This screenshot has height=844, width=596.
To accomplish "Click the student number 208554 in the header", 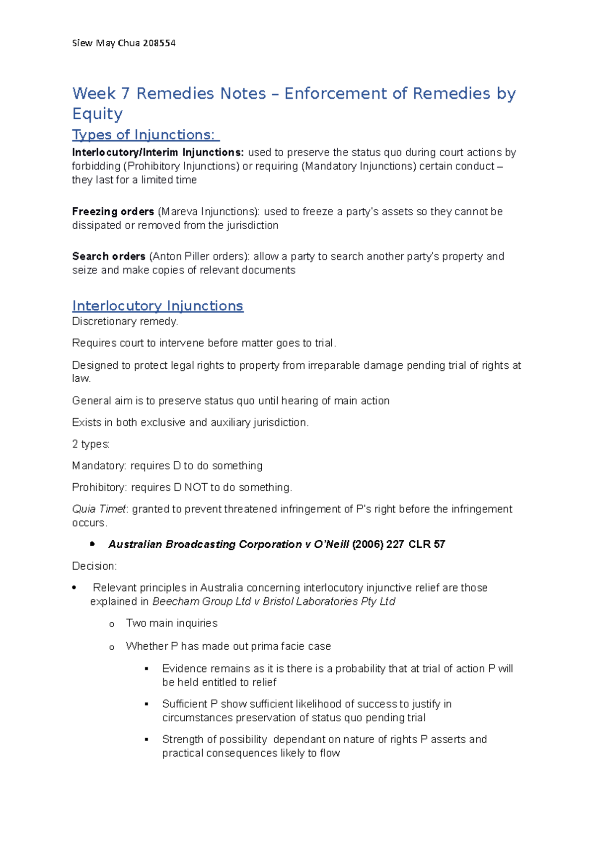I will pos(159,43).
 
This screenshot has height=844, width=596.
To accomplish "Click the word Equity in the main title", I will pos(97,114).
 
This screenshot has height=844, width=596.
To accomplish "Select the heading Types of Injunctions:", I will pos(146,135).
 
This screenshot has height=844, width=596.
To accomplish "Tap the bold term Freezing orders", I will pos(113,212).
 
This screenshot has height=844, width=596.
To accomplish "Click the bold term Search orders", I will pos(108,256).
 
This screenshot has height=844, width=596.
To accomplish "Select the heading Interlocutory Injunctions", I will pos(157,306).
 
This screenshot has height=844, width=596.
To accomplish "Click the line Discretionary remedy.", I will pos(125,322).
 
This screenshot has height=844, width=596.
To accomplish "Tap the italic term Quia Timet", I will pos(99,509).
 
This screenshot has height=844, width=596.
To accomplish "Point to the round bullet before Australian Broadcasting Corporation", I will pos(92,544).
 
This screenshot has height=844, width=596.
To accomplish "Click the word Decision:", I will pos(94,566).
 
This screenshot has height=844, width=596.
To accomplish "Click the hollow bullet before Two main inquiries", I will pos(112,624).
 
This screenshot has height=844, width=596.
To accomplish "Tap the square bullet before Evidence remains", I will pos(147,669).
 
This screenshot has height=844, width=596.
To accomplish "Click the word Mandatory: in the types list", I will pos(99,466).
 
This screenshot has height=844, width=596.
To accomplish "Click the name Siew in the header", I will pos(82,43).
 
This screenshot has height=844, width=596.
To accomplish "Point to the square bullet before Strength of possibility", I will pos(147,740).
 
